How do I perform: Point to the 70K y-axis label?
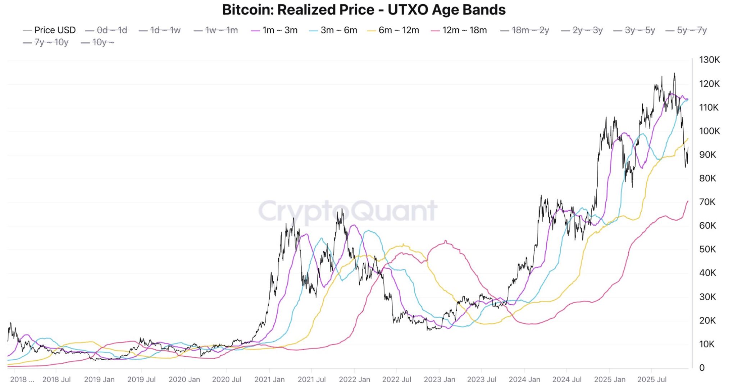[x=707, y=202]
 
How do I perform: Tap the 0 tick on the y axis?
[x=701, y=368]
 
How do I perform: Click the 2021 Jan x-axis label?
[x=269, y=379]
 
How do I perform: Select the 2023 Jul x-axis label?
[x=482, y=379]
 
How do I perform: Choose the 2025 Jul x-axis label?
[x=652, y=379]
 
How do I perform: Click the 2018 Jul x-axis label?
[x=56, y=379]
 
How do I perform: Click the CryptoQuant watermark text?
[x=347, y=211]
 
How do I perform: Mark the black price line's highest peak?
[x=674, y=74]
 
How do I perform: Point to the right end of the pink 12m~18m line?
[x=688, y=201]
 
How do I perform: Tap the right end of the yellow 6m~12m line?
[x=688, y=139]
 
